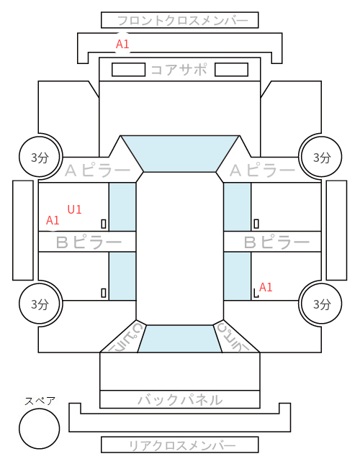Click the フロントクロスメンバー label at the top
(x=182, y=21)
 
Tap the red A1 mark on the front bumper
(x=122, y=44)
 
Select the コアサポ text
(x=179, y=70)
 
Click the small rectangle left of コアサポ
(x=128, y=70)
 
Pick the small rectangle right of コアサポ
(x=231, y=70)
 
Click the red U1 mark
(x=74, y=209)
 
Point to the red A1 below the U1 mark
(x=53, y=220)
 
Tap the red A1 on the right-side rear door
(x=266, y=287)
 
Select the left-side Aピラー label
(x=97, y=170)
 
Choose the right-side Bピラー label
(x=276, y=242)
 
